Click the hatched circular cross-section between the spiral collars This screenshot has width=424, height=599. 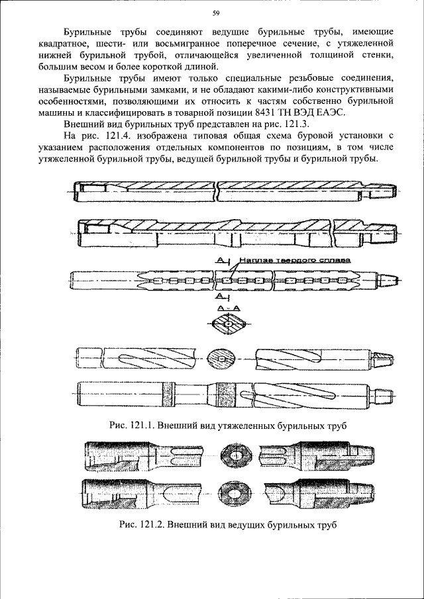(221, 360)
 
